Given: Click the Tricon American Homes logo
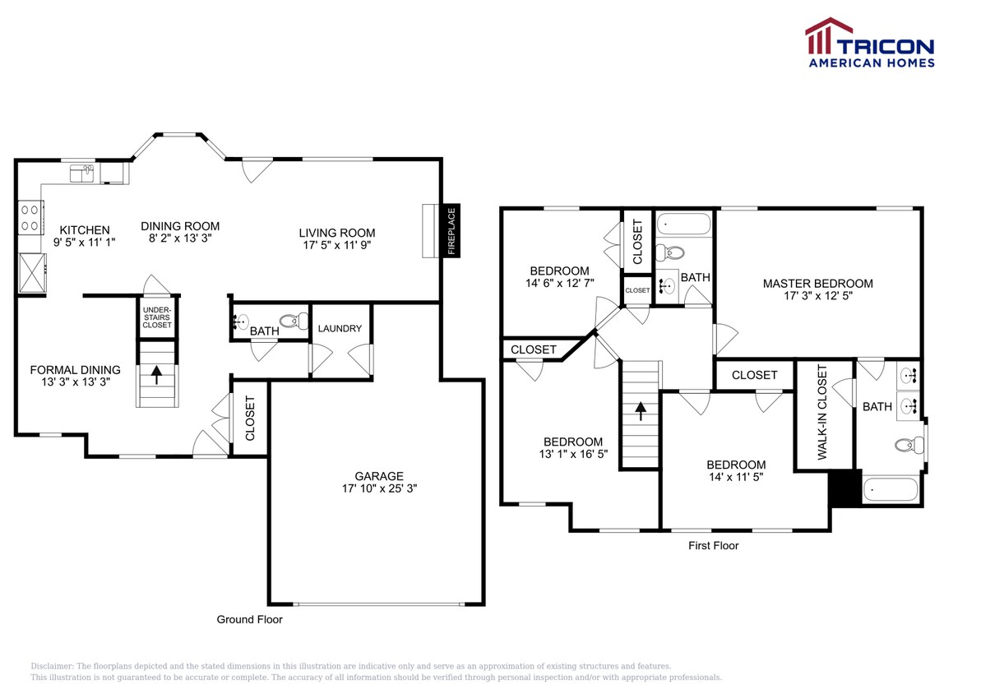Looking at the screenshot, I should [x=869, y=43].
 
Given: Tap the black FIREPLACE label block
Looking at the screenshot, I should [x=451, y=232].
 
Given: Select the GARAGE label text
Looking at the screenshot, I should [x=379, y=476].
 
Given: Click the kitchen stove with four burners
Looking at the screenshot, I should [x=30, y=218].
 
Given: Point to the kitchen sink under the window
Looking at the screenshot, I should [x=85, y=173].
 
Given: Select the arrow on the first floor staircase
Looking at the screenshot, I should [x=640, y=409].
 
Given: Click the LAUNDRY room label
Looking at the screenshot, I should [x=340, y=329].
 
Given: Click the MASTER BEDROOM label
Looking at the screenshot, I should [x=817, y=284].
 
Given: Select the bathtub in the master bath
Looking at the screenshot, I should [x=890, y=490].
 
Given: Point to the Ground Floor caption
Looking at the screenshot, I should [x=249, y=619].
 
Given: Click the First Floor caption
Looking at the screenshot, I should [x=713, y=545].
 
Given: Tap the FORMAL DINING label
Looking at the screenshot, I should [x=76, y=370].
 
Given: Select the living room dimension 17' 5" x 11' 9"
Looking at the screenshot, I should [x=336, y=245].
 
